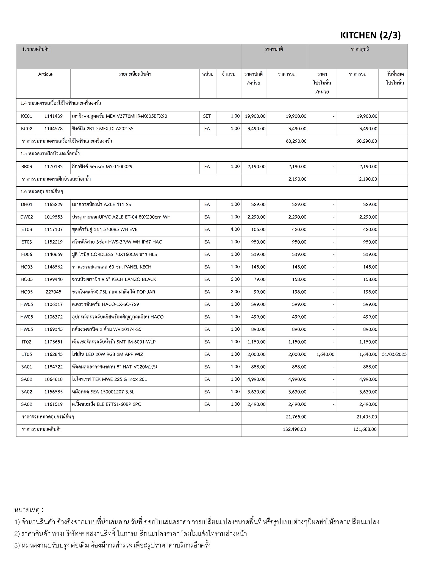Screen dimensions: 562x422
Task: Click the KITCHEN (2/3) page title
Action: coord(370,35)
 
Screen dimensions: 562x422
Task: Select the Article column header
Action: coord(45,74)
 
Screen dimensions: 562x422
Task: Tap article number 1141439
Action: coord(54,116)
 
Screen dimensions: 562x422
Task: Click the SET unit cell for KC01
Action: coord(207,116)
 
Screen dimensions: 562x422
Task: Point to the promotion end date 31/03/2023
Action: coord(394,354)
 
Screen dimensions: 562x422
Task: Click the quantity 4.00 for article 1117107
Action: coord(235,229)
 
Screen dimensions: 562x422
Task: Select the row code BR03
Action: coord(27,167)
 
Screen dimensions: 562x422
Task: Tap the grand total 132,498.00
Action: coord(294,429)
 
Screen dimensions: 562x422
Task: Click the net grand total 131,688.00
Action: coord(365,429)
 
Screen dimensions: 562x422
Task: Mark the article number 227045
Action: coord(54,292)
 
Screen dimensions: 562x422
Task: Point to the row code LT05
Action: coord(27,354)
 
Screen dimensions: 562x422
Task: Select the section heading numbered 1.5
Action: coord(50,154)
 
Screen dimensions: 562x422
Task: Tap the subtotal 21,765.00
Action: coord(296,417)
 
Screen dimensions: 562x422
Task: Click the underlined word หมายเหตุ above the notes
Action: coord(27,510)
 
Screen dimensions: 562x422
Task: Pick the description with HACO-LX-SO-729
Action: coord(105,304)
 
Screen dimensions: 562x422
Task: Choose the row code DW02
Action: coord(27,217)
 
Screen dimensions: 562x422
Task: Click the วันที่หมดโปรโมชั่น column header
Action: coord(395,78)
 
